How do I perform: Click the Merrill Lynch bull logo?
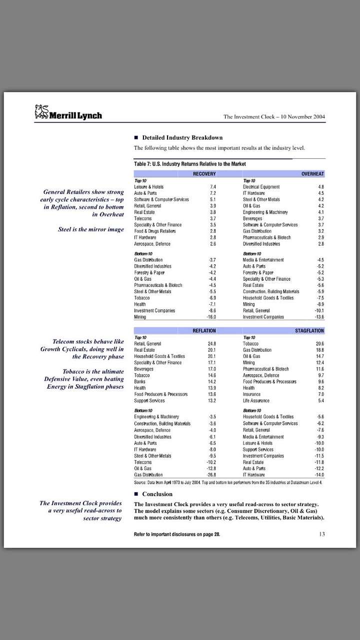coord(41,111)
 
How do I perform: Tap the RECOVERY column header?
coord(204,174)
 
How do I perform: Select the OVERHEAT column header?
coord(312,174)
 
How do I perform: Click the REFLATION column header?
coord(204,331)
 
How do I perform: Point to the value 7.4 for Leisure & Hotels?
coord(212,187)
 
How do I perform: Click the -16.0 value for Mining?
coord(211,317)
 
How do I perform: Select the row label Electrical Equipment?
coord(261,187)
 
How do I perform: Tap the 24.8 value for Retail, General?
coord(211,344)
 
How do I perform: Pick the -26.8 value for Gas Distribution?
coord(211,475)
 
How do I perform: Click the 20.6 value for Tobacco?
coord(320,344)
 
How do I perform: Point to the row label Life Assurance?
coord(256,401)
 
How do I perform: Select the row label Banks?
coord(139,382)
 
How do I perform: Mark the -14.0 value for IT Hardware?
coord(319,475)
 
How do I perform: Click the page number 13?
coord(321,534)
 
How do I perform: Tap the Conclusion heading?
coord(157,494)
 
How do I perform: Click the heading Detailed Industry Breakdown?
coord(182,137)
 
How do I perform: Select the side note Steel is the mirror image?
coord(91,230)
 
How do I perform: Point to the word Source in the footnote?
coord(139,482)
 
